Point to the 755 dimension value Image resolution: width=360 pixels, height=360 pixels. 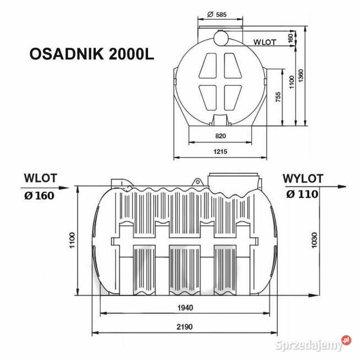pyautogui.click(x=279, y=97)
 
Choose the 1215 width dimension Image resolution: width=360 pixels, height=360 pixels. pyautogui.click(x=220, y=150)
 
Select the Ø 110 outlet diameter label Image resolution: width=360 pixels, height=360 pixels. pyautogui.click(x=302, y=194)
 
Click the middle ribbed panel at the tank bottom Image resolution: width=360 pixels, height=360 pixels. pyautogui.click(x=184, y=270)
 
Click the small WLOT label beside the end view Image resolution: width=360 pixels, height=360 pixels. pyautogui.click(x=265, y=42)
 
